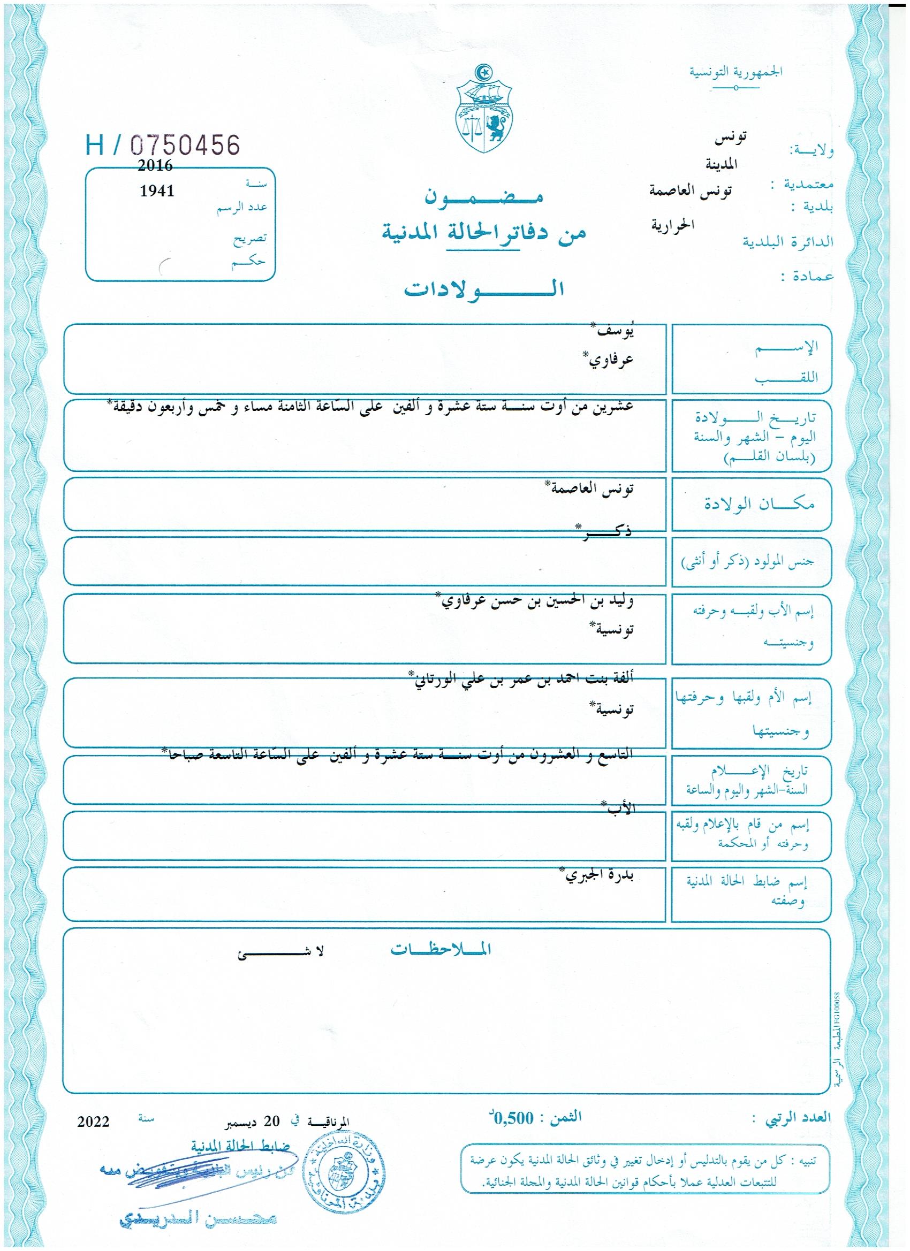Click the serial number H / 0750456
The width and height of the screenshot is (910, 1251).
coord(163,145)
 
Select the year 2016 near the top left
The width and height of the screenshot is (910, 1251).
coord(155,165)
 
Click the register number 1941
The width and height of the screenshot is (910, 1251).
coord(157,191)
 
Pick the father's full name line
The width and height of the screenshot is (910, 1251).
coord(534,601)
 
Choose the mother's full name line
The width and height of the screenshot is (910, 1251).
coord(521,679)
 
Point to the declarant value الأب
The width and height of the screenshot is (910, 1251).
coord(619,810)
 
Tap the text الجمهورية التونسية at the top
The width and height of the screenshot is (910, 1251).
coord(735,72)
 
